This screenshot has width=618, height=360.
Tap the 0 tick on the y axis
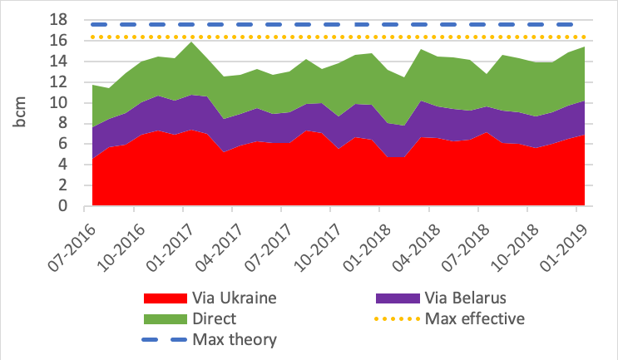(73, 207)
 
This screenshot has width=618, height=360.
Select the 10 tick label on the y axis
(70, 103)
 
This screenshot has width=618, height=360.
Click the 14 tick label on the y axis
(70, 62)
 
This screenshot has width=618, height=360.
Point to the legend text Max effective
(477, 318)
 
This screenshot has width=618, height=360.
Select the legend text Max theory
(235, 339)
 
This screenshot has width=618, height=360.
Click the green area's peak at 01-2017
(191, 42)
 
